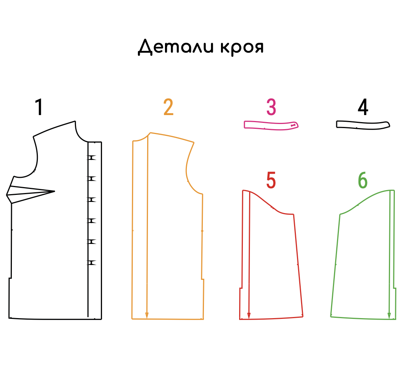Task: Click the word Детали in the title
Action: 176,47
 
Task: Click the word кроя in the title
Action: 242,48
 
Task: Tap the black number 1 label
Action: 39,107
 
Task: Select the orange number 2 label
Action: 168,107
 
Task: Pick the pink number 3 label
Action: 271,107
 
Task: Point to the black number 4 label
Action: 363,107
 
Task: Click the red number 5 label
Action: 271,180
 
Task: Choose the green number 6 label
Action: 363,180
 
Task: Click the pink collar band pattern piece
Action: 271,125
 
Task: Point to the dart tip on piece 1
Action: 55,191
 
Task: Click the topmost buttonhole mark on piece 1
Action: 92,158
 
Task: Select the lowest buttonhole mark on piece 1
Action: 92,263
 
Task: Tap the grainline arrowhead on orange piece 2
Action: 147,316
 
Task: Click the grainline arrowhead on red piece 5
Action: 249,316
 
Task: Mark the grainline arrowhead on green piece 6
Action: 389,316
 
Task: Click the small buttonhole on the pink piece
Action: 293,125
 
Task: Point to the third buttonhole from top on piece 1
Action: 92,200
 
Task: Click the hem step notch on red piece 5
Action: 241,288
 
